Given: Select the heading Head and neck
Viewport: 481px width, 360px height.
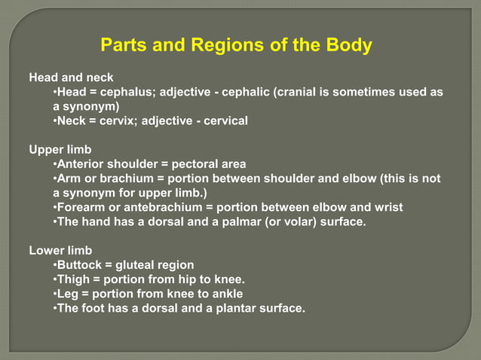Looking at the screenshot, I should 71,78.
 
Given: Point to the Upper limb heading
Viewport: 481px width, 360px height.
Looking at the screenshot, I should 60,150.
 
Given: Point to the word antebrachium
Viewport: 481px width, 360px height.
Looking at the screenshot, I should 148,207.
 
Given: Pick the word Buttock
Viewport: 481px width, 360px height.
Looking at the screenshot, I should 81,264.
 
